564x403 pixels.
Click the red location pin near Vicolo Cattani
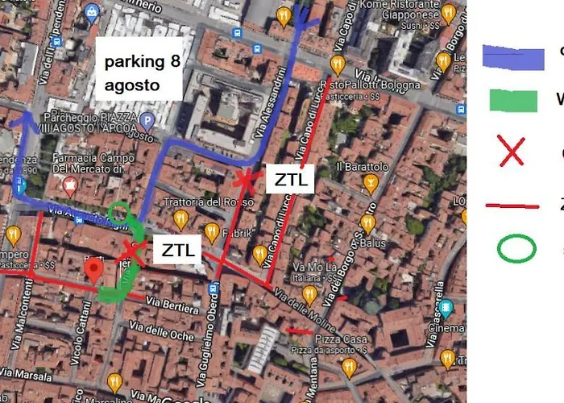point(94,271)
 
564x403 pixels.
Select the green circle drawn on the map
point(119,213)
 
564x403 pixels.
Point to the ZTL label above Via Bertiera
point(176,250)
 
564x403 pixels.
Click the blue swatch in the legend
point(513,57)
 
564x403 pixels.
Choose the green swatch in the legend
point(512,100)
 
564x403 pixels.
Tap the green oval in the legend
point(516,249)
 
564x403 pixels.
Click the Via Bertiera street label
point(172,305)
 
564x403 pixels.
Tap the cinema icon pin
point(446,308)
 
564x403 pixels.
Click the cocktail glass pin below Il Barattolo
point(370,185)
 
